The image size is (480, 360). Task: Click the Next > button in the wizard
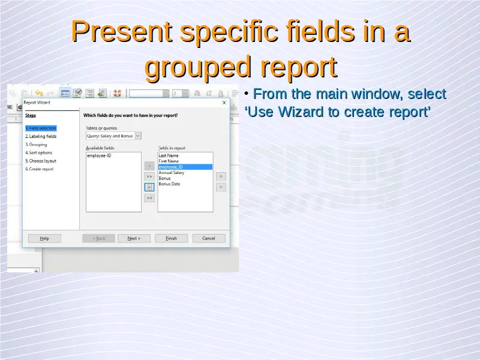(134, 238)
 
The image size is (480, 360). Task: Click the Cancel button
(209, 238)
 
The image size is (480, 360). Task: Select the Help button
(44, 238)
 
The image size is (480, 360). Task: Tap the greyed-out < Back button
(98, 238)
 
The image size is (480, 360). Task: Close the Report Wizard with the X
(224, 103)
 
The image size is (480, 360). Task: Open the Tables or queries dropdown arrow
(138, 136)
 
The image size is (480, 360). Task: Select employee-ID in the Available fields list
(99, 155)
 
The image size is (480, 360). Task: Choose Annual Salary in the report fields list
(172, 173)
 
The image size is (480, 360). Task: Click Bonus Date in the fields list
(169, 184)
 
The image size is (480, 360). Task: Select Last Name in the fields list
(169, 155)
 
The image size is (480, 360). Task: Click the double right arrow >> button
(149, 176)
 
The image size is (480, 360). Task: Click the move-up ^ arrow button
(221, 176)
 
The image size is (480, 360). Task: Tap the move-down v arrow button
(221, 187)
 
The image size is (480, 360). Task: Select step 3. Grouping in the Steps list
(36, 145)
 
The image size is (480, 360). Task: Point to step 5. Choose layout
(41, 161)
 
